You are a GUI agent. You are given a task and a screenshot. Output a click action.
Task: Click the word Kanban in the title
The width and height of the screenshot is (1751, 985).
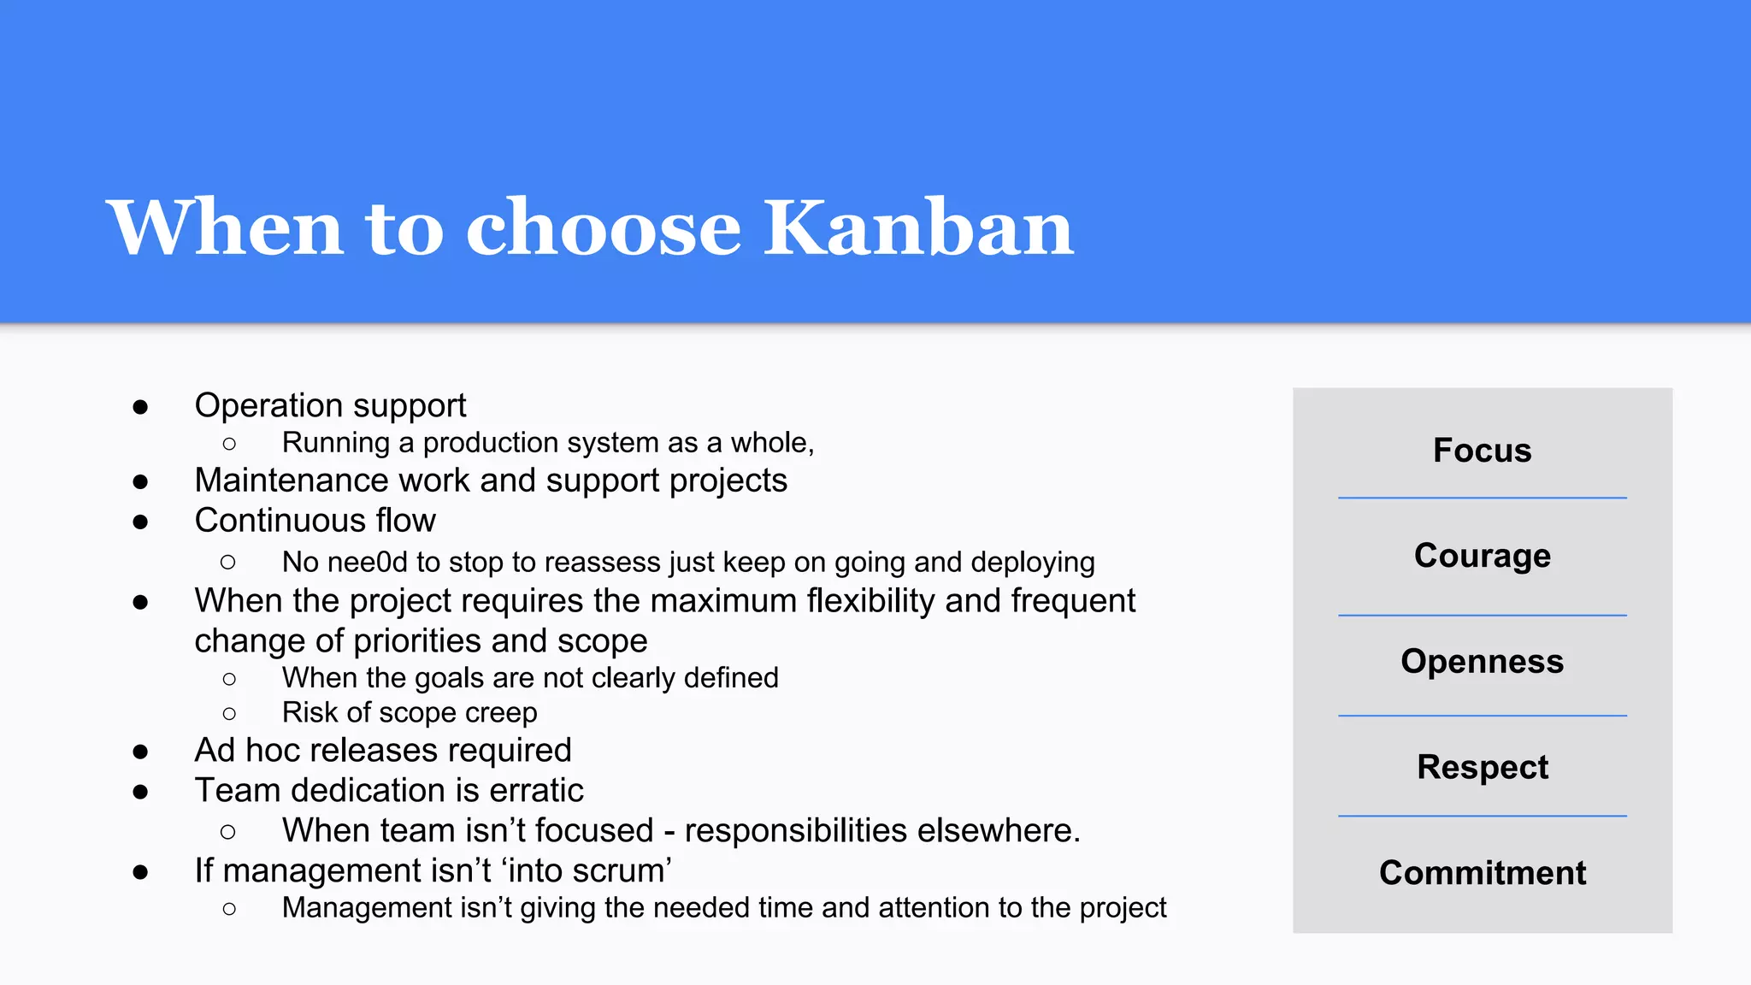coord(918,227)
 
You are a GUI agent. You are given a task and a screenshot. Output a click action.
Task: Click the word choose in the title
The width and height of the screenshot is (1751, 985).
coord(603,227)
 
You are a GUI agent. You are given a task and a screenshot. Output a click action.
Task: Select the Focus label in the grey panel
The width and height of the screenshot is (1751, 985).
coord(1482,450)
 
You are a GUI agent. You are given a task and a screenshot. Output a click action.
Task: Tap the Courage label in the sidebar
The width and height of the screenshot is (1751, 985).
coord(1482,556)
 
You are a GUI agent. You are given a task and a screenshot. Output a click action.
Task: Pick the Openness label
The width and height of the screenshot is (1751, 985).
coord(1482,661)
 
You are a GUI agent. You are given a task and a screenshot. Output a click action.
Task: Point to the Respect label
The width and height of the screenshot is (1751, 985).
coord(1482,767)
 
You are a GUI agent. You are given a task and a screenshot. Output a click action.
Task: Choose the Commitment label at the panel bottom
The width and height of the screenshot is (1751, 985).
coord(1482,872)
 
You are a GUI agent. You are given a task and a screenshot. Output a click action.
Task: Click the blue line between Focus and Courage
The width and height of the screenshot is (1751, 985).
coord(1482,498)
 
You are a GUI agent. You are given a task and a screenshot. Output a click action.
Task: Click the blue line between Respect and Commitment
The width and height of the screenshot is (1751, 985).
coord(1482,816)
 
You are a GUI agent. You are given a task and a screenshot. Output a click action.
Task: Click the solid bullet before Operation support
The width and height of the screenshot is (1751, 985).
coord(140,407)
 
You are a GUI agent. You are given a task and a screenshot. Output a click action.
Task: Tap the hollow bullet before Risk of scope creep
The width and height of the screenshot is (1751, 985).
coord(228,713)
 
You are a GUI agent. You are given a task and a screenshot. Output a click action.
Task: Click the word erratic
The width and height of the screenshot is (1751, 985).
coord(536,790)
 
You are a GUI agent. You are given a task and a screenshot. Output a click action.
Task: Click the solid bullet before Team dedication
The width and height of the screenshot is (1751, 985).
coord(140,793)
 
